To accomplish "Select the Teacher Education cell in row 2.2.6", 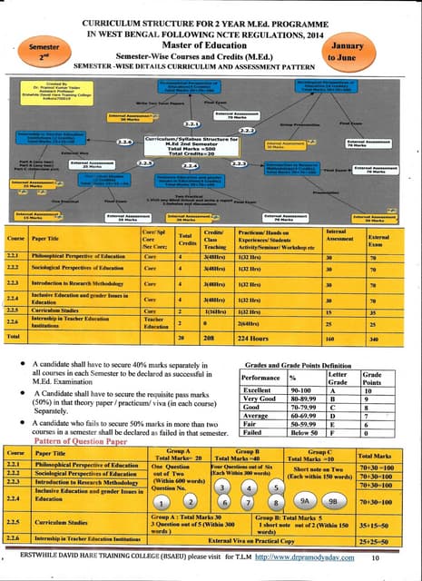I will tap(152, 322).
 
